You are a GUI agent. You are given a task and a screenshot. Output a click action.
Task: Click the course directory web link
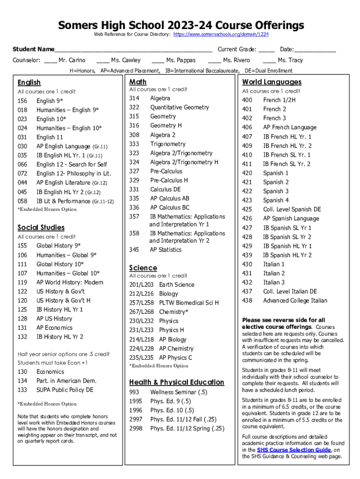221,35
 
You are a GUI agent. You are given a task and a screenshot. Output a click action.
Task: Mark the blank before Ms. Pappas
158,60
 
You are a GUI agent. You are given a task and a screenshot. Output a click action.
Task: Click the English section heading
29,82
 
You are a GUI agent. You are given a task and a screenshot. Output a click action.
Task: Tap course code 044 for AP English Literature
22,183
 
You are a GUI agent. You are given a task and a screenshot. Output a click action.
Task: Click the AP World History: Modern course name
70,283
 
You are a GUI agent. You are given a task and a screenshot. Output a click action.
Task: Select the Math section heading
138,82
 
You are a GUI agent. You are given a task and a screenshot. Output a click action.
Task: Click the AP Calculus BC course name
170,208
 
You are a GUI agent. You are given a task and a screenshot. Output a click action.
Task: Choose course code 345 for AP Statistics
134,250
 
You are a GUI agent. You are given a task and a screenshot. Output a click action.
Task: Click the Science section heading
143,268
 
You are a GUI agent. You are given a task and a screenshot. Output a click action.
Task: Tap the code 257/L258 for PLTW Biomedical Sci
141,303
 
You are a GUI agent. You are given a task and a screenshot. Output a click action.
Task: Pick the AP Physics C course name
176,358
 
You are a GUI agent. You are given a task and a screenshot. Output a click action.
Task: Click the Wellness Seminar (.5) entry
179,392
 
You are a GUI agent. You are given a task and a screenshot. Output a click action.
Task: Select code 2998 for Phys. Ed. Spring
136,428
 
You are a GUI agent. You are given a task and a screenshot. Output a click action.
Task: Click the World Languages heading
272,82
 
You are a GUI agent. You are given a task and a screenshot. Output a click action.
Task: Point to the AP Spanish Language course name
291,218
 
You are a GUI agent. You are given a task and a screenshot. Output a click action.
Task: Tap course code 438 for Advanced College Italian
247,301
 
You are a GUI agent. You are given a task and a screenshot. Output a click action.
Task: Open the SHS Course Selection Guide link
294,450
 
